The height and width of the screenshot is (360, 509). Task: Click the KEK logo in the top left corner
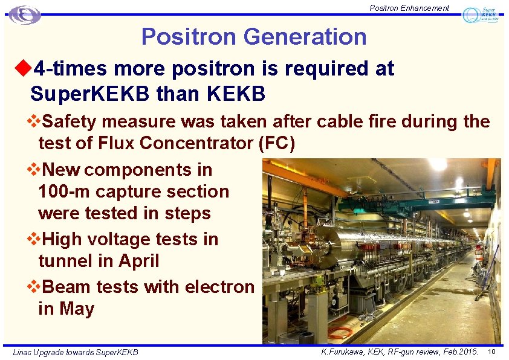(25, 15)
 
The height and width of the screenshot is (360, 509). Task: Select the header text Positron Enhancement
(409, 8)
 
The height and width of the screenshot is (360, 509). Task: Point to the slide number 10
(491, 352)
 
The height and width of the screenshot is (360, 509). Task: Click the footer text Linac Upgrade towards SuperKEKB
(76, 352)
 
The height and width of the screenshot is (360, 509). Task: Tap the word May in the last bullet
(77, 309)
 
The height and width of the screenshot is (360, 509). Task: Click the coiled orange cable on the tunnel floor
(339, 332)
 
